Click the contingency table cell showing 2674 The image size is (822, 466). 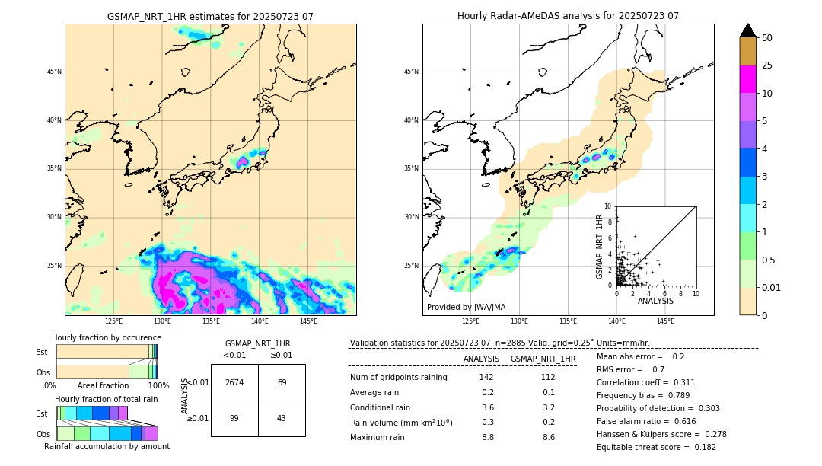pos(234,382)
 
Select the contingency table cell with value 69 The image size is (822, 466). pos(282,382)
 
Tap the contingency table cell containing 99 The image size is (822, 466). pos(234,418)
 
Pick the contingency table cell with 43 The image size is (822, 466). pos(282,418)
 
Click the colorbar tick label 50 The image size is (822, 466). pos(767,38)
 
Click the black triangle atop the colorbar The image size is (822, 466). pos(748,30)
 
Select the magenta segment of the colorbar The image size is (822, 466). pos(748,79)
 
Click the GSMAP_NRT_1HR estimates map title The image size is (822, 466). pos(210,16)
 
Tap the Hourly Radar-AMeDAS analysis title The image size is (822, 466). pos(568,16)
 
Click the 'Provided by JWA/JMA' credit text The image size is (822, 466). pos(466,307)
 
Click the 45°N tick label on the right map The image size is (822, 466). pos(411,72)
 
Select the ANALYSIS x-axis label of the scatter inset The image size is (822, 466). pos(655,301)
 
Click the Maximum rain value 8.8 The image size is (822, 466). pos(487,437)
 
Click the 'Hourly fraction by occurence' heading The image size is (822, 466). pos(107,337)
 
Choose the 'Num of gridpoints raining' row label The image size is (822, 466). pos(399,377)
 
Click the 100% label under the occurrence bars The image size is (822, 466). pos(158,386)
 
